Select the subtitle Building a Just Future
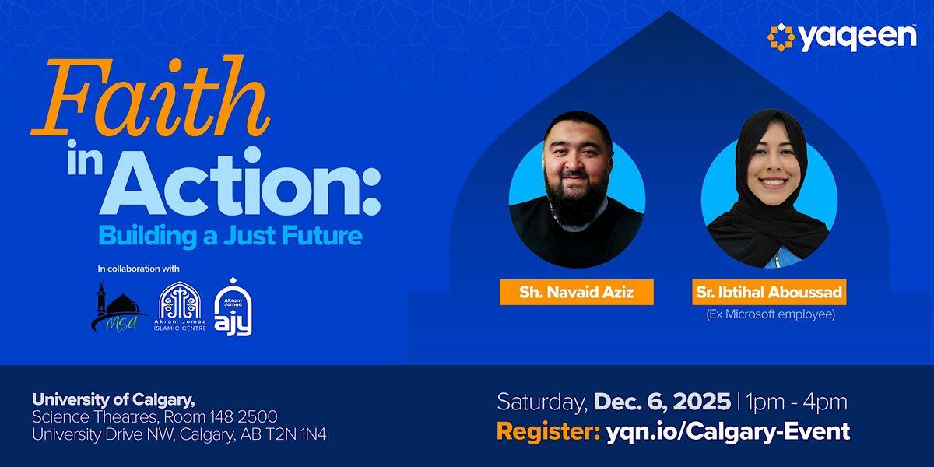tap(230, 235)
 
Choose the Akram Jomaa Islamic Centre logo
tap(180, 308)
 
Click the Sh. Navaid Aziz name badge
tap(576, 293)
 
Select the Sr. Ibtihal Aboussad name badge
tap(769, 293)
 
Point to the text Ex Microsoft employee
tap(769, 315)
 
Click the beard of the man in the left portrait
tap(576, 204)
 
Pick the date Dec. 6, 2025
tap(662, 402)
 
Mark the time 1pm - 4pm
tap(796, 402)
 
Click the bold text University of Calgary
tap(114, 399)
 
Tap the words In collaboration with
tap(139, 269)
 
